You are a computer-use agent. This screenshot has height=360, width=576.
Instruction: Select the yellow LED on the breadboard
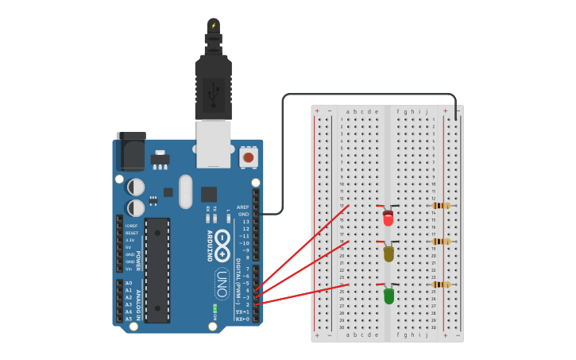(388, 254)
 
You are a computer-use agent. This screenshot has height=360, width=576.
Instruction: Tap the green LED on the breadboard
(388, 296)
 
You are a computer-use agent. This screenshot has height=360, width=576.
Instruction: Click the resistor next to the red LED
(441, 206)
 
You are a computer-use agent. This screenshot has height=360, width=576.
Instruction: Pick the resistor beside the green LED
(441, 284)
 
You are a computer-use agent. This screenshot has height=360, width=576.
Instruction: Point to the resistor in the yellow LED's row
(441, 242)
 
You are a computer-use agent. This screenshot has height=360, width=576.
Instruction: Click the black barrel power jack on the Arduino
(130, 151)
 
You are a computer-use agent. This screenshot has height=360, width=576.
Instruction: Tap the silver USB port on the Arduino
(214, 143)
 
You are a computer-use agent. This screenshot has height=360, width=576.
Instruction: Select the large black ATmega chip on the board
(157, 270)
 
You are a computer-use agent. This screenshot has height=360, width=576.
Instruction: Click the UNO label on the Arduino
(222, 282)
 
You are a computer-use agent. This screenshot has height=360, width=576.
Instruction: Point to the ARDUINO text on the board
(211, 246)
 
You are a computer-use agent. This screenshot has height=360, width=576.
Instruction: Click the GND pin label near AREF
(244, 214)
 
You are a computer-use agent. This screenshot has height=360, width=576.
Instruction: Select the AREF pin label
(243, 207)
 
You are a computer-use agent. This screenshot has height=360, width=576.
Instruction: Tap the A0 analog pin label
(129, 283)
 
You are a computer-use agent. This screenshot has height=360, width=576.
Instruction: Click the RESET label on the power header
(131, 233)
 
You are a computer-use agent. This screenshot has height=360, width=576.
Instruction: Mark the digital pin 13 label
(245, 222)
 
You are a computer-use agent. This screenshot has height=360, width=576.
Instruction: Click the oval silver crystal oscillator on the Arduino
(186, 192)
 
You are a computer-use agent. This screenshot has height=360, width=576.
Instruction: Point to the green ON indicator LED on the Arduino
(215, 308)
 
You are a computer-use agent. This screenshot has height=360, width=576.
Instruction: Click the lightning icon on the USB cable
(213, 25)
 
